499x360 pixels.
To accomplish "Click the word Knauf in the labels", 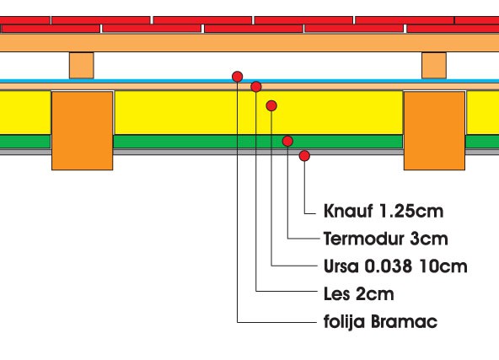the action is point(348,211).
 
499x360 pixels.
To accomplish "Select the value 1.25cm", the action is point(411,211).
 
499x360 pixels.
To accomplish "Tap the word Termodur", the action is point(363,239).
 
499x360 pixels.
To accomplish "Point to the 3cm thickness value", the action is point(429,239).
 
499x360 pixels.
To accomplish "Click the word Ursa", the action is point(341,266).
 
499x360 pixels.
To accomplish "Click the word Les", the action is point(336,293).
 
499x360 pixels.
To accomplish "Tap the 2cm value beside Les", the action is point(375,293).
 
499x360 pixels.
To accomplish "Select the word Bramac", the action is point(404,321).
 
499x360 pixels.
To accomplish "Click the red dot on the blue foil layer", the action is point(238,77).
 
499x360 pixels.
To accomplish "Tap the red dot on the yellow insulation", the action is point(271,105).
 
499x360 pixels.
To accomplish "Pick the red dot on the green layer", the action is point(287,141).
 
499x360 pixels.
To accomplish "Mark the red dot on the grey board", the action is point(304,156).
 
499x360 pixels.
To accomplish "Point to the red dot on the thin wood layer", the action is point(256,87).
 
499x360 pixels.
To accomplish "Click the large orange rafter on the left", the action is point(82,131).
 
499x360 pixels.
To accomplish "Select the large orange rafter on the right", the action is point(434,131).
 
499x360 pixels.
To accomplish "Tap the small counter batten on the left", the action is point(82,65).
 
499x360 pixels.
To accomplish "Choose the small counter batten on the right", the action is point(434,65).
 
